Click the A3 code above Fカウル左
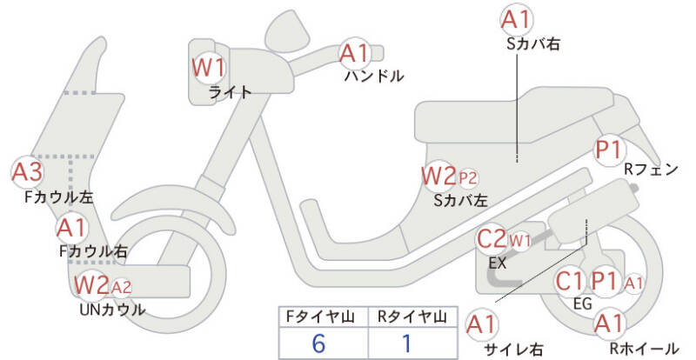(x=27, y=172)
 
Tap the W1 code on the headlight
(x=208, y=68)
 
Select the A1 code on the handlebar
(x=355, y=53)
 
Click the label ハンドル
(x=374, y=76)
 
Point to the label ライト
(x=230, y=92)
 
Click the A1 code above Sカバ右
(x=516, y=20)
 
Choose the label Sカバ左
(x=460, y=201)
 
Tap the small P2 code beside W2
(x=468, y=178)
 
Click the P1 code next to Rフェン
(x=609, y=150)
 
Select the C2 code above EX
(x=492, y=239)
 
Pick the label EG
(x=583, y=303)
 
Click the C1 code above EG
(x=569, y=281)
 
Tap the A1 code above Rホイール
(x=610, y=323)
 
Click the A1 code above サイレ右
(x=482, y=324)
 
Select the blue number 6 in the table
(x=318, y=343)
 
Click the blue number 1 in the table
(x=406, y=343)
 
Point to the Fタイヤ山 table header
(x=320, y=317)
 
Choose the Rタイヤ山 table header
(x=412, y=317)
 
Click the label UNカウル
(x=112, y=310)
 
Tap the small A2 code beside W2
(x=121, y=287)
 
